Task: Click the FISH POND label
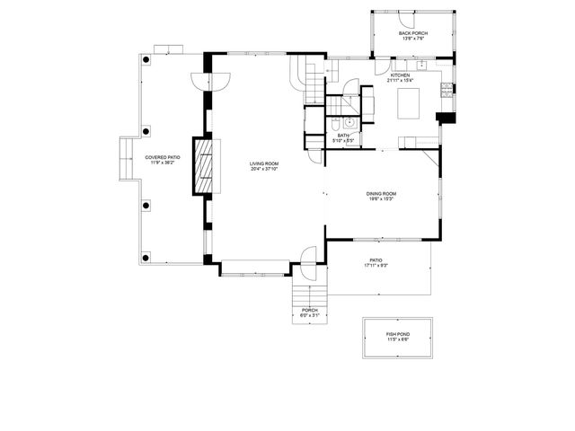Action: [397, 332]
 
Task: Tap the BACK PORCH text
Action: [412, 33]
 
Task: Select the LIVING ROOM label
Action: [264, 163]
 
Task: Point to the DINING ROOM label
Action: [381, 193]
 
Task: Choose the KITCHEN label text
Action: [400, 75]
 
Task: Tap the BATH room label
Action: [343, 136]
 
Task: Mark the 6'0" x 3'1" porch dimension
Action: [309, 315]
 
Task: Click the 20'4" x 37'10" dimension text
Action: [264, 168]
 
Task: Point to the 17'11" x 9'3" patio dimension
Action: [376, 266]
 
